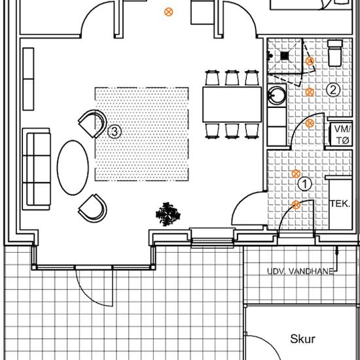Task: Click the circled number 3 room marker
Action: pyautogui.click(x=115, y=132)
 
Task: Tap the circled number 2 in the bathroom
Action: pyautogui.click(x=333, y=90)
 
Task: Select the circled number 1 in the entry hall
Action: pyautogui.click(x=304, y=184)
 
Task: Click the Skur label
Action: pyautogui.click(x=302, y=339)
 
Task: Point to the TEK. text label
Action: pyautogui.click(x=340, y=204)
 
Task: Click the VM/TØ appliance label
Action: pyautogui.click(x=342, y=134)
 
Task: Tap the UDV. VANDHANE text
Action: pyautogui.click(x=300, y=272)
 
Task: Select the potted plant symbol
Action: pyautogui.click(x=168, y=214)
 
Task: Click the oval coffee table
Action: pyautogui.click(x=73, y=168)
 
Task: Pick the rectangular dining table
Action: pyautogui.click(x=232, y=105)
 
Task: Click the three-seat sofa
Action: pyautogui.click(x=36, y=170)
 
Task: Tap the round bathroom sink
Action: pyautogui.click(x=277, y=95)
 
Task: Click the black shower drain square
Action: pyautogui.click(x=285, y=56)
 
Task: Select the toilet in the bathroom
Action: pyautogui.click(x=335, y=53)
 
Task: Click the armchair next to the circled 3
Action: pyautogui.click(x=93, y=124)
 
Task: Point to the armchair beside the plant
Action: pyautogui.click(x=93, y=208)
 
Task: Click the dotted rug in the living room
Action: pyautogui.click(x=142, y=134)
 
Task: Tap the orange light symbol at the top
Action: pyautogui.click(x=168, y=12)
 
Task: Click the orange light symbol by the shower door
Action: pyautogui.click(x=310, y=61)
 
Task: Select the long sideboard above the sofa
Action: pyautogui.click(x=28, y=79)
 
